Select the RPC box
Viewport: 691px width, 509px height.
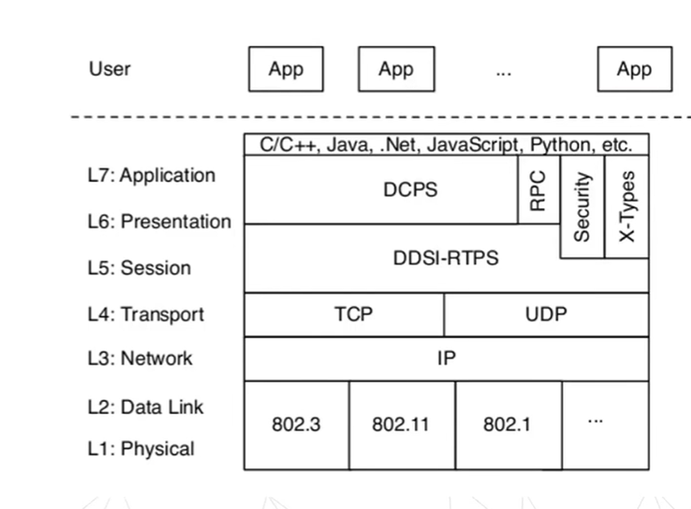(x=538, y=190)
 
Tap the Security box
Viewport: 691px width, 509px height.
(x=581, y=207)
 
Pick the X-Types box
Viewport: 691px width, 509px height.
(x=626, y=207)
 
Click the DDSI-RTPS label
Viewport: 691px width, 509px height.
(x=446, y=258)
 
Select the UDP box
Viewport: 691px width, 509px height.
(x=546, y=315)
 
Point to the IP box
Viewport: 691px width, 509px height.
(x=446, y=359)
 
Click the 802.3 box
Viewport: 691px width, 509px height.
(x=296, y=425)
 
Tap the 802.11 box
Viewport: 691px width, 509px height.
(x=401, y=425)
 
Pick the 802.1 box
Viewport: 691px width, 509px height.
(x=507, y=425)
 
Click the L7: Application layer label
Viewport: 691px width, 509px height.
(x=152, y=176)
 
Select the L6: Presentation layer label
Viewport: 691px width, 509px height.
(x=159, y=221)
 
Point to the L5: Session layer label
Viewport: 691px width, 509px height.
(x=139, y=268)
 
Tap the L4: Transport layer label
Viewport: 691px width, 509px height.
(x=146, y=315)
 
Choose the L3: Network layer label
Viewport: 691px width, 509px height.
(x=140, y=359)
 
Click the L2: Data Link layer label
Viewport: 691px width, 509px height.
(x=146, y=407)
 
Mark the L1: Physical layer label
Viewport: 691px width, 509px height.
(x=141, y=449)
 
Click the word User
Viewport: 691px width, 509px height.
(x=110, y=69)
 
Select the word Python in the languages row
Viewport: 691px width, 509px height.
(x=561, y=145)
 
